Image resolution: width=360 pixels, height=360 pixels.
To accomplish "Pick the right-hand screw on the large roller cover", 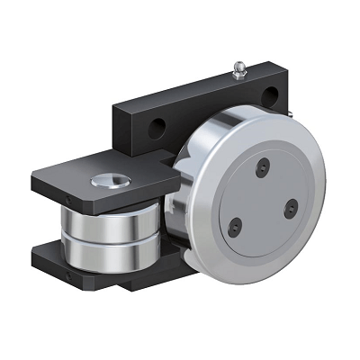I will point(290,208).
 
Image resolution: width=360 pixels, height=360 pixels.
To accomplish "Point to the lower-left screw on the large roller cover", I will point(236,225).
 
